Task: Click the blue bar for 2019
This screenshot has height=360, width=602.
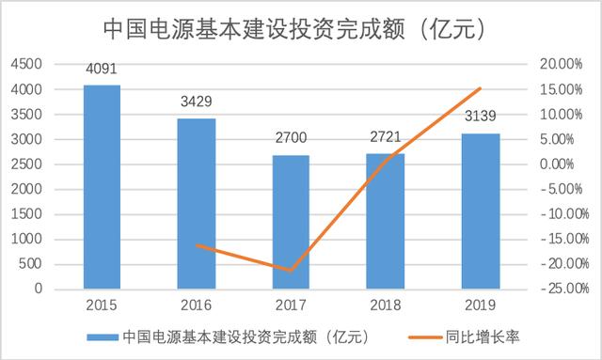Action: coord(481,211)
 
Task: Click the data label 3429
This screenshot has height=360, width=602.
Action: coord(197,102)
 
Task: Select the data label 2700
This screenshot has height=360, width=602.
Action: coord(292,138)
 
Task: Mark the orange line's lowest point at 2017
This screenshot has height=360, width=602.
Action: coord(292,271)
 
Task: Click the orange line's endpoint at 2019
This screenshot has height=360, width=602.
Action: coord(481,88)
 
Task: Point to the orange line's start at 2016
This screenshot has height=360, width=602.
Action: coord(197,245)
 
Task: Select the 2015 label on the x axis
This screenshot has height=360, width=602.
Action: coord(102,306)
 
